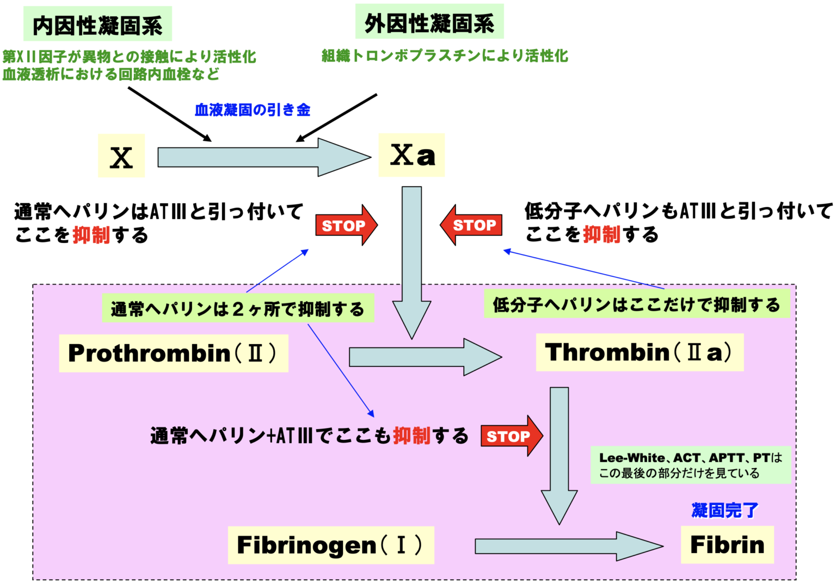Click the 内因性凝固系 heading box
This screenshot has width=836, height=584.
tap(97, 24)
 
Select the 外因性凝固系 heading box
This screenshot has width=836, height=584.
tap(429, 22)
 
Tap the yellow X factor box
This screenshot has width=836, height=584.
tap(121, 156)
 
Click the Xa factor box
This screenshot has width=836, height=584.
tap(412, 155)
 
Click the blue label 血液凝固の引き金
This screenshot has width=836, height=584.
tap(253, 110)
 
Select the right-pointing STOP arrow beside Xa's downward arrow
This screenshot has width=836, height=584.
tap(346, 225)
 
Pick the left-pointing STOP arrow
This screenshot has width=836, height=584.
tap(471, 225)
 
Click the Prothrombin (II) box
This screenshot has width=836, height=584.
tap(173, 353)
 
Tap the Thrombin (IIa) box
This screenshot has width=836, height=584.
tap(640, 352)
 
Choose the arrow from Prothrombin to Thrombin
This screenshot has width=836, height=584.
tap(425, 357)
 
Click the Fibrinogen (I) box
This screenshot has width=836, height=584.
tap(330, 545)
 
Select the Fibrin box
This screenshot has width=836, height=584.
tap(727, 545)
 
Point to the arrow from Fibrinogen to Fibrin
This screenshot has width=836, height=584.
tap(568, 546)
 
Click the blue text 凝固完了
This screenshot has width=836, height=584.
tap(724, 511)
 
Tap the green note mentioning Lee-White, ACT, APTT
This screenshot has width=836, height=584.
tap(690, 465)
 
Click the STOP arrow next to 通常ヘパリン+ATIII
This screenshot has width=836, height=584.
tap(511, 436)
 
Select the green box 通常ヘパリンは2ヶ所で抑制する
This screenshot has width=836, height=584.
tap(238, 309)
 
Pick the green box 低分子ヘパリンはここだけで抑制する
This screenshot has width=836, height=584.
tap(636, 305)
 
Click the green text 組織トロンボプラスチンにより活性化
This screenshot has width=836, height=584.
tap(445, 55)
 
